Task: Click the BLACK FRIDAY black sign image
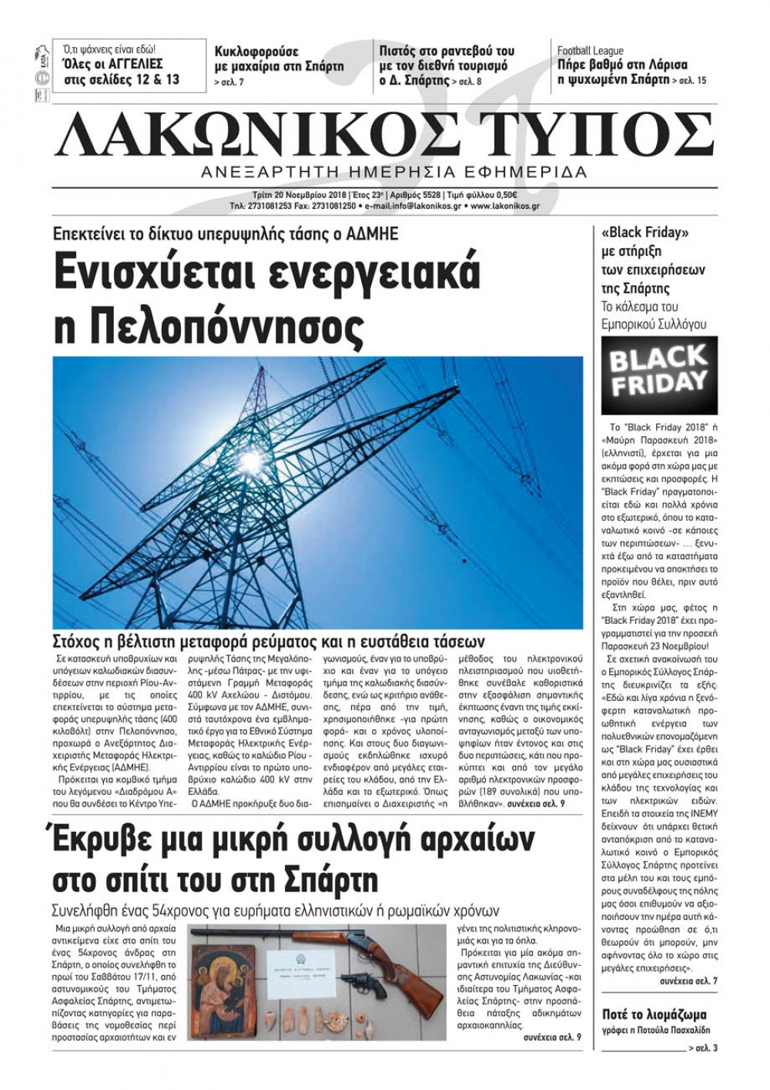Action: pyautogui.click(x=658, y=375)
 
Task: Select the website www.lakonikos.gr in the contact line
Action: pyautogui.click(x=504, y=206)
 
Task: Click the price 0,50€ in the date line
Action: pyautogui.click(x=501, y=195)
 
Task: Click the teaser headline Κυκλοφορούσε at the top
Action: pyautogui.click(x=256, y=52)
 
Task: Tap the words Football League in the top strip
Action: pyautogui.click(x=591, y=51)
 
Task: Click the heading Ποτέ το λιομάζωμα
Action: pyautogui.click(x=654, y=1015)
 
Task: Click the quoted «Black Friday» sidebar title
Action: pyautogui.click(x=644, y=233)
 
